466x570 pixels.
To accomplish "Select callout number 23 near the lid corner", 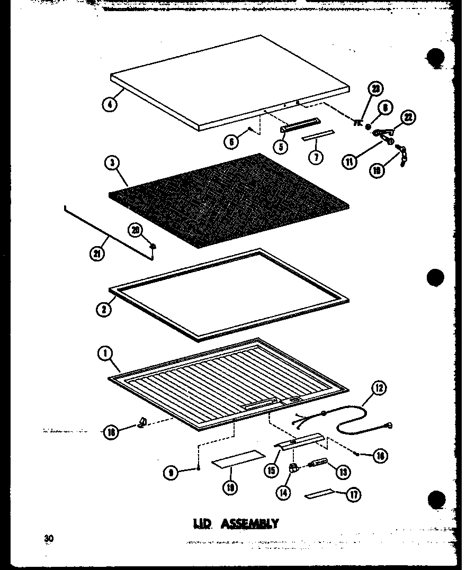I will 377,89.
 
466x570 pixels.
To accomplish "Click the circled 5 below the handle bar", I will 281,146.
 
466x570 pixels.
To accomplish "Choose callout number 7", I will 316,157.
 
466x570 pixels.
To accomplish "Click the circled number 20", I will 135,230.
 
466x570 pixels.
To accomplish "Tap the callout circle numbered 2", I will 104,309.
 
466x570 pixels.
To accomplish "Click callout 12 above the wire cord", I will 379,389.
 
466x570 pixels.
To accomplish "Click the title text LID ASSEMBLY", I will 235,523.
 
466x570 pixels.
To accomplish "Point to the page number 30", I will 49,538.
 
